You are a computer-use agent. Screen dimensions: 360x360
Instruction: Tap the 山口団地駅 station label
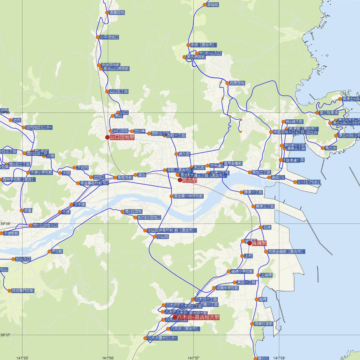click(122, 137)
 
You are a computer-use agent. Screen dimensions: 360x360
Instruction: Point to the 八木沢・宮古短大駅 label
click(198, 317)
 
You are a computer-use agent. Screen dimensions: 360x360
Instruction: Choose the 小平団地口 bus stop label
click(109, 37)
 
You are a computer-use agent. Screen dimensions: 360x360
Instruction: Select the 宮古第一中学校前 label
click(188, 196)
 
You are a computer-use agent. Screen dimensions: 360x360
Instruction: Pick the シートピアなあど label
click(309, 182)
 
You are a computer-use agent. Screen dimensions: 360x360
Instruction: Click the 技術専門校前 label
click(22, 291)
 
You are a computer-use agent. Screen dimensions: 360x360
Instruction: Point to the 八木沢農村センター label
click(162, 338)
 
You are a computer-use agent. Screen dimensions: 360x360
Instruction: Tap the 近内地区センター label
click(39, 127)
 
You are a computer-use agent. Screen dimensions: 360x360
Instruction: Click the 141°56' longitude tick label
click(108, 358)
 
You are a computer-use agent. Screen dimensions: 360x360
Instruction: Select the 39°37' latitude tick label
click(5, 335)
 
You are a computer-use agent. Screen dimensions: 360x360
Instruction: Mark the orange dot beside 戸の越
click(49, 251)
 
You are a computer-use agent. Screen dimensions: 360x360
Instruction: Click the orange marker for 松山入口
click(13, 259)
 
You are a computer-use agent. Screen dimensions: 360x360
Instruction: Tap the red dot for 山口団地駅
click(107, 137)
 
